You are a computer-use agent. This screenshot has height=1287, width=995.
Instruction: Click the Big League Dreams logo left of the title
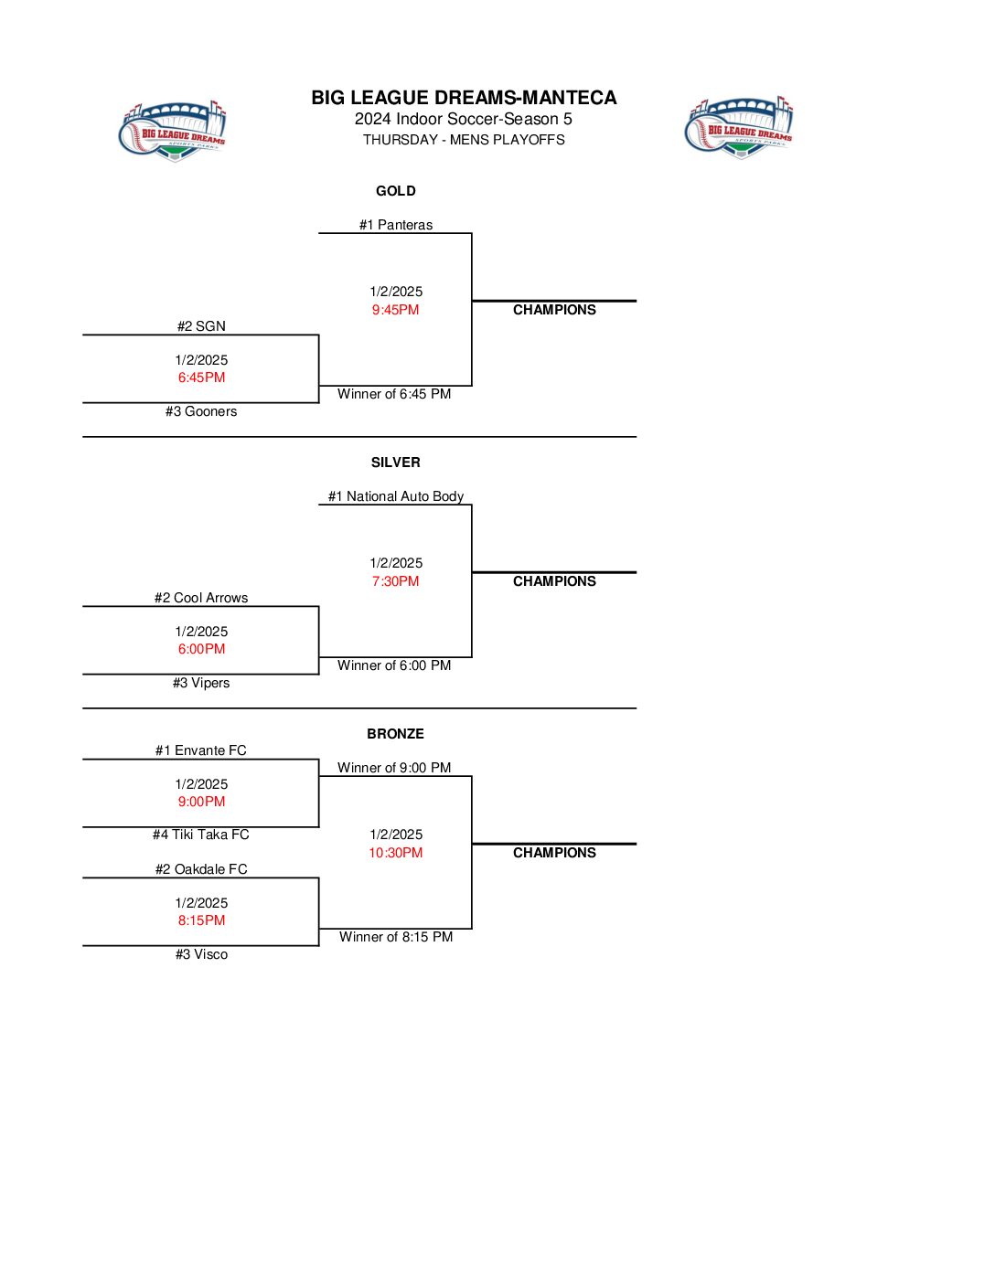[x=173, y=131]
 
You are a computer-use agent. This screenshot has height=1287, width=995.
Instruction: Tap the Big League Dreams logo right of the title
[x=739, y=127]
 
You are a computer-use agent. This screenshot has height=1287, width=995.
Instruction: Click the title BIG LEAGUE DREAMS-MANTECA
[x=464, y=98]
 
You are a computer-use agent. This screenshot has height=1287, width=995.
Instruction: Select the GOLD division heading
[x=396, y=191]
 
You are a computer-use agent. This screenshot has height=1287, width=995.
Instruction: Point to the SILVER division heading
[x=396, y=463]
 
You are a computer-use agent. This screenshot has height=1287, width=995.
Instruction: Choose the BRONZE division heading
[x=396, y=734]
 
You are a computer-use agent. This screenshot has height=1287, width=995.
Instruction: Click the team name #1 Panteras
[x=396, y=225]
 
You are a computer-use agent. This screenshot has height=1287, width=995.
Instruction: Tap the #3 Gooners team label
[x=201, y=411]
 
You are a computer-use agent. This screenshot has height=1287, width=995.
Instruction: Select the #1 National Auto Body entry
[x=396, y=496]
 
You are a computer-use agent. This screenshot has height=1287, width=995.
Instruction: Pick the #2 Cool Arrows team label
[x=201, y=598]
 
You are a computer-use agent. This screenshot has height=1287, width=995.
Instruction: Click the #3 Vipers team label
[x=201, y=683]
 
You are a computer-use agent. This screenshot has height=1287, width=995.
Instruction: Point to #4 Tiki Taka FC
[x=201, y=835]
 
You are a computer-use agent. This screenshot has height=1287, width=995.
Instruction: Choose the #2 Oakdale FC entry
[x=201, y=869]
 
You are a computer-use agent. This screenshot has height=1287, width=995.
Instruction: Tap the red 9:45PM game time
[x=396, y=310]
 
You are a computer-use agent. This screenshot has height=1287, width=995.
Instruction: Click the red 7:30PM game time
[x=396, y=581]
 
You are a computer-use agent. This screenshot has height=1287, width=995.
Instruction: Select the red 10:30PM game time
[x=396, y=853]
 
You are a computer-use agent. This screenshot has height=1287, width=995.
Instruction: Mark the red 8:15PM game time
[x=201, y=920]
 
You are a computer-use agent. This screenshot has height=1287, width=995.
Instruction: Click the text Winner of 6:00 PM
[x=394, y=665]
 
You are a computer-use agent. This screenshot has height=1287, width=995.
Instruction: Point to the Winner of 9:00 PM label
[x=394, y=768]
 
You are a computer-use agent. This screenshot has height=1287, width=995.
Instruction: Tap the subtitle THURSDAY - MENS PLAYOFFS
[x=464, y=140]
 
